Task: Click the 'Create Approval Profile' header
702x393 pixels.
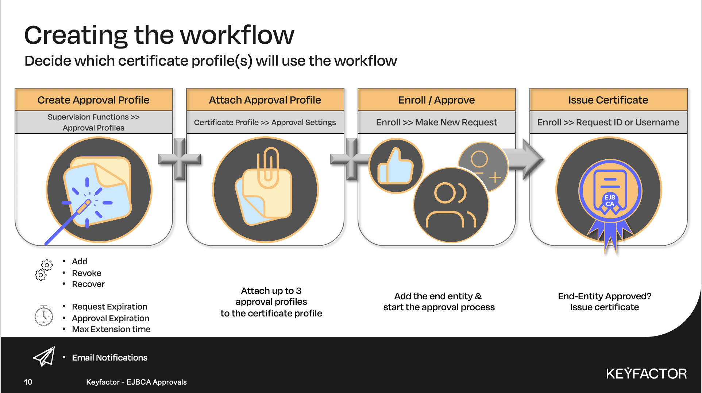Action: coord(93,100)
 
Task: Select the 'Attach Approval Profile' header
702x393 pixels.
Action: coord(265,100)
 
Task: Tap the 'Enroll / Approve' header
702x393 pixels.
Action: coord(436,100)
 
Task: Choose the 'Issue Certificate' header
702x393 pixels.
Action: coord(608,100)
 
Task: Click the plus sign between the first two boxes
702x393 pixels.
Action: coord(180,159)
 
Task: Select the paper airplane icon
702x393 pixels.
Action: coord(44,357)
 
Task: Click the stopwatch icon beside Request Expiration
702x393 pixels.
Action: coord(44,315)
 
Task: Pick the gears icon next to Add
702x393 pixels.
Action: coord(43,270)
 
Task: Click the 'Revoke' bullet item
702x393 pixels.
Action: coord(86,273)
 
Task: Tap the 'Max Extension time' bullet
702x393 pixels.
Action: coord(111,329)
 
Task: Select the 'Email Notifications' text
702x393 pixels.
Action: coord(109,358)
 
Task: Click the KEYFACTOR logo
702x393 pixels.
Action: coord(646,374)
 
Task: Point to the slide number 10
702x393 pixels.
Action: coord(28,382)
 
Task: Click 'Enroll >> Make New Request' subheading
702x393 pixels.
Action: coord(436,122)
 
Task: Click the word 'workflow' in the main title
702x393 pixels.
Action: coord(237,35)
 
